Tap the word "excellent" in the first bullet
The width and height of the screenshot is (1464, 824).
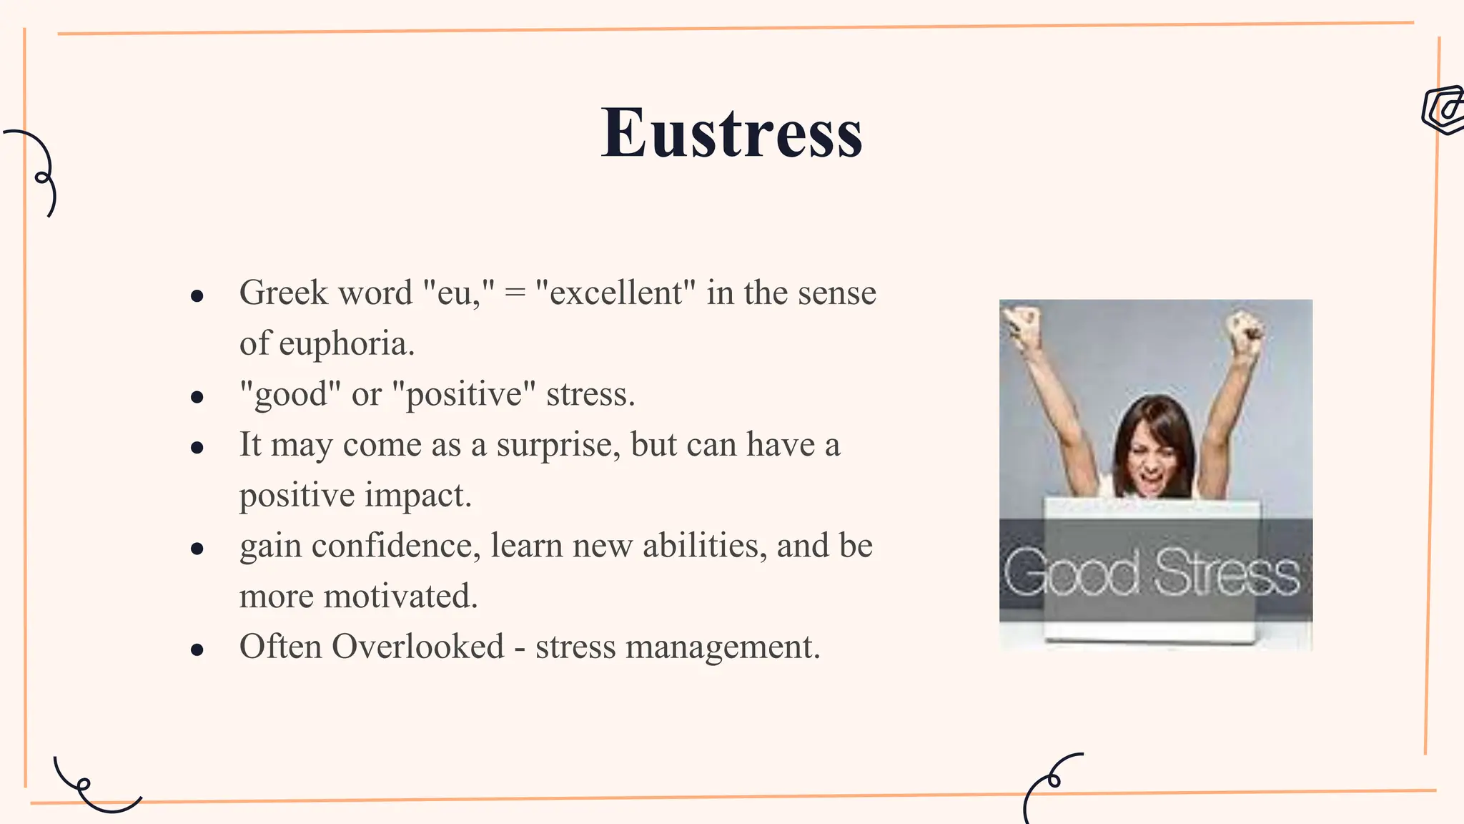point(615,293)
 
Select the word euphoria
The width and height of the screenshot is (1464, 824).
point(346,344)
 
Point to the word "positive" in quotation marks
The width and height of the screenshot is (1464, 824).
point(464,394)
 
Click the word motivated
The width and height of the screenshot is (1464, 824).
point(400,597)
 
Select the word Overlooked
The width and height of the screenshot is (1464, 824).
point(418,647)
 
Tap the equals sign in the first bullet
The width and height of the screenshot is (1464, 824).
point(515,293)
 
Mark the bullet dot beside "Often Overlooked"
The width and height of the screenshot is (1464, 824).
point(198,649)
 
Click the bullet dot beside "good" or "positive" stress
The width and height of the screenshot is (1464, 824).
point(198,397)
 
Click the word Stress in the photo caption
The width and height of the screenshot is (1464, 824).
point(1227,572)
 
